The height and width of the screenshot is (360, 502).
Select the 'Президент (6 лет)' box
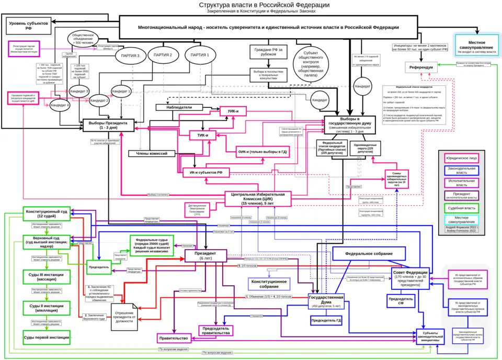(x=205, y=256)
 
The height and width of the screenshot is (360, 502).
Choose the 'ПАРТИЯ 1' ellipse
(x=200, y=54)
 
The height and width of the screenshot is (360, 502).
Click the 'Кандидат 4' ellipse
(x=59, y=105)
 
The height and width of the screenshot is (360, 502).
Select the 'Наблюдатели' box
(x=179, y=107)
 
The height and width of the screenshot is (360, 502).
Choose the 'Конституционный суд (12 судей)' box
(x=46, y=213)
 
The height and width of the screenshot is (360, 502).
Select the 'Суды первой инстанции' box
(x=46, y=337)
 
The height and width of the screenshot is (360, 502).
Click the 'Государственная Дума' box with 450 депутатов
(x=326, y=301)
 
